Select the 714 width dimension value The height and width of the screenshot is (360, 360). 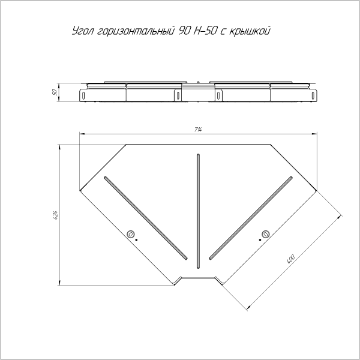pos(197,130)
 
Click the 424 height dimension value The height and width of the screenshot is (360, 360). pos(55,214)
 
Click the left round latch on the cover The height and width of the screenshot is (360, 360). pos(130,234)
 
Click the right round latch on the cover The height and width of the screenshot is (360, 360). pos(265,234)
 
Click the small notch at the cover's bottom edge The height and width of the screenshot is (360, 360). pos(197,281)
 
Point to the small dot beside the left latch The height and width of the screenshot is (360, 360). pos(137,239)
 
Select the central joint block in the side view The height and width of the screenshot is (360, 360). pos(197,94)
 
